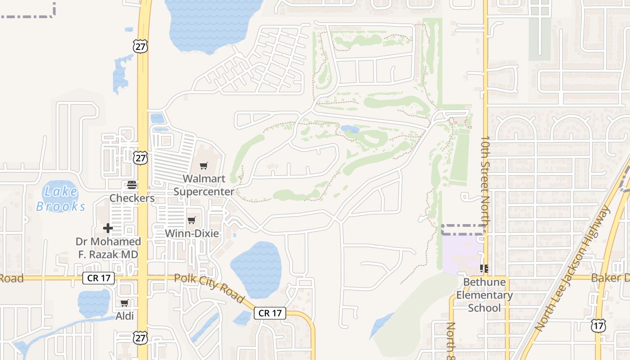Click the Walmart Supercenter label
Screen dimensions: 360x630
point(204,185)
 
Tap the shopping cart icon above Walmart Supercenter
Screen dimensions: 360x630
point(204,166)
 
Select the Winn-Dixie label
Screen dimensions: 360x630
point(192,233)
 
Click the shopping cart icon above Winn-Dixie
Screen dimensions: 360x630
point(192,220)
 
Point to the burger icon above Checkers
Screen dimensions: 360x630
point(132,185)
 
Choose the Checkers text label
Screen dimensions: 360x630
point(132,198)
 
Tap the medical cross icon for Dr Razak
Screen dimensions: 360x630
point(108,228)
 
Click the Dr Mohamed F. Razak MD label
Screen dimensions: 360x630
point(108,248)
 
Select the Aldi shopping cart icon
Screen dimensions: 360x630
point(125,303)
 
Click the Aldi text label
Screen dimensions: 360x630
point(125,316)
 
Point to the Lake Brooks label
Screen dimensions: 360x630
point(61,199)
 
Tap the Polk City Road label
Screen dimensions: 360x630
point(209,288)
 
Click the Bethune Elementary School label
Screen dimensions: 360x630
point(484,295)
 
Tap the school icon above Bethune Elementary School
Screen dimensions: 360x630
point(484,269)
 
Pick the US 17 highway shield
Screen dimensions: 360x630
point(598,325)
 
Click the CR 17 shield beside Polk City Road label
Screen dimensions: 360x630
point(270,313)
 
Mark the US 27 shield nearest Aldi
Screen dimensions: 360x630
point(141,337)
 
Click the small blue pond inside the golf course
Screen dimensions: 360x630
point(350,129)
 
